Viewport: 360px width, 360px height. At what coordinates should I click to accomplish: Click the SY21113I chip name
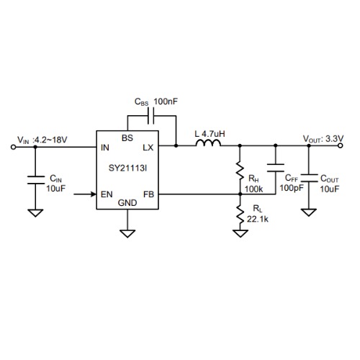click(127, 168)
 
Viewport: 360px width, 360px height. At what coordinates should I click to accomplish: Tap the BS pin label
click(127, 138)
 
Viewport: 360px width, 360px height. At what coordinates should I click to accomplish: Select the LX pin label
click(148, 148)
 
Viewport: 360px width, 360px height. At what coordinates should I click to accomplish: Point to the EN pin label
click(107, 194)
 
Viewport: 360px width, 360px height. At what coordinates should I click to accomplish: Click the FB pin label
click(148, 194)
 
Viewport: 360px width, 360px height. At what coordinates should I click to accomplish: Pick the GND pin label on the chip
click(127, 203)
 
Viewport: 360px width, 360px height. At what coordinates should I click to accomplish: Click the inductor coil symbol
click(208, 143)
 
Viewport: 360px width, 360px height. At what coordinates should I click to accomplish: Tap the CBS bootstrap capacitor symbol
click(151, 116)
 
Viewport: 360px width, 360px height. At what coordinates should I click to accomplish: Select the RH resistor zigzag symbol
click(240, 171)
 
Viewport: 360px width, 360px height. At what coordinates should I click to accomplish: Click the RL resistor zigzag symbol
click(240, 215)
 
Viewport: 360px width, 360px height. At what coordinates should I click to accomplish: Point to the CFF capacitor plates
click(276, 168)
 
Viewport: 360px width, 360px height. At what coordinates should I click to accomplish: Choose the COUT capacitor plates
click(309, 178)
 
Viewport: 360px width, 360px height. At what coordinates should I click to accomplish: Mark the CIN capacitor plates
click(35, 180)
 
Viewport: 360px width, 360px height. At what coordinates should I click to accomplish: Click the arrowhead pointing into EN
click(94, 194)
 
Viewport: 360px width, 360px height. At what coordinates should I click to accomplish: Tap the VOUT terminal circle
click(340, 145)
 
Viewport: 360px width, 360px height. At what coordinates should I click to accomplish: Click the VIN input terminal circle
click(14, 147)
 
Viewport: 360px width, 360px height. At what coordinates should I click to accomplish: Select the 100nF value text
click(166, 102)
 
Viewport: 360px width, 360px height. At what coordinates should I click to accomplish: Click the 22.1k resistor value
click(258, 219)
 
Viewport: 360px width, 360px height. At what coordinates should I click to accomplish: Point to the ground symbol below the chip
click(127, 233)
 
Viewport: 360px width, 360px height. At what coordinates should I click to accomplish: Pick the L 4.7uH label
click(210, 134)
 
